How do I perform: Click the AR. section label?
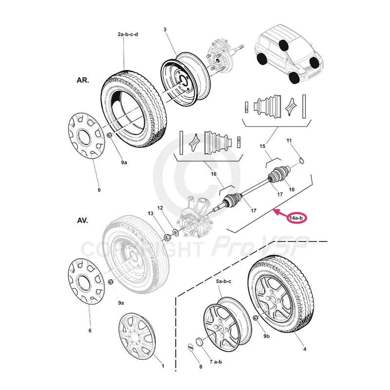pos(81,80)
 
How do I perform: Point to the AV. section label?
pos(81,220)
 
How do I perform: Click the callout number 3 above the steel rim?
pos(165,30)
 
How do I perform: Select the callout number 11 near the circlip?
pos(289,141)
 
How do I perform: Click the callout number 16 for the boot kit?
pos(213,174)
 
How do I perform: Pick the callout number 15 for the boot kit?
pos(262,146)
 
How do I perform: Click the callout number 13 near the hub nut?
pos(150,214)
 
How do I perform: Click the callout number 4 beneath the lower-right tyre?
pos(305,349)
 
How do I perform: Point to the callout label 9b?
pos(266,336)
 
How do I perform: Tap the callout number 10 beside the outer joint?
pos(292,189)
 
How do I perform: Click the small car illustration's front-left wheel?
pos(293,78)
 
